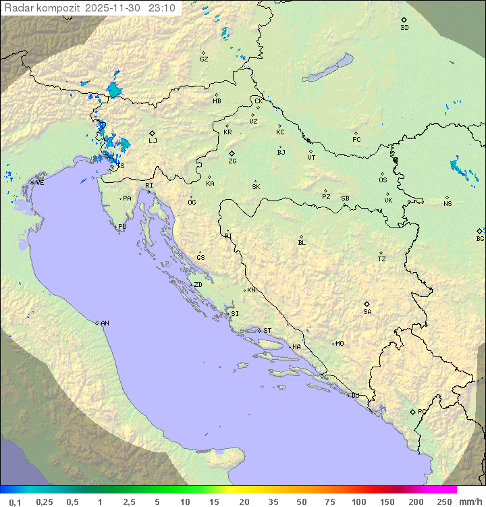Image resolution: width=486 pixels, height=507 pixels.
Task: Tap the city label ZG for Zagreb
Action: (x=232, y=161)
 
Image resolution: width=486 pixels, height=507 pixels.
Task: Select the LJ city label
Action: (x=153, y=140)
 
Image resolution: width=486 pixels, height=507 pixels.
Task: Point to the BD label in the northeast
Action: (x=404, y=28)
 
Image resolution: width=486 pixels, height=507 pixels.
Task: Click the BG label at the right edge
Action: (x=480, y=238)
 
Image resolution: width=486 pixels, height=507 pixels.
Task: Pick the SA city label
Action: (x=367, y=311)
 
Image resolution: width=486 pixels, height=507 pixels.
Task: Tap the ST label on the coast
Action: (x=267, y=331)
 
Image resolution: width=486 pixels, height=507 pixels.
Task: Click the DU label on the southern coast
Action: (x=355, y=396)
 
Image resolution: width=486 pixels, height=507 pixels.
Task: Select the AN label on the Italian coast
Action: (x=105, y=323)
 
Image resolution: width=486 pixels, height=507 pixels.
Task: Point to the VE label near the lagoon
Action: (x=40, y=183)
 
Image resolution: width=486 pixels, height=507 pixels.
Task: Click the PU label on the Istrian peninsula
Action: (x=122, y=227)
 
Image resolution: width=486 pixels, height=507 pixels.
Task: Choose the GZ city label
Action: (x=204, y=59)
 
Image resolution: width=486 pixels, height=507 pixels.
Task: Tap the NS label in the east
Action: (x=448, y=204)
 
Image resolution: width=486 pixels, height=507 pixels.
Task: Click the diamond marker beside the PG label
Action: (x=412, y=411)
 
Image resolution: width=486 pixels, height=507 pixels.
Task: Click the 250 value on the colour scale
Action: (x=443, y=502)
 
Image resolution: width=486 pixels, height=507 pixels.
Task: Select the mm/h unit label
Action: (x=468, y=502)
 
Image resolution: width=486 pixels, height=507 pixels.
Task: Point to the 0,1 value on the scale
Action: (x=16, y=502)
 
